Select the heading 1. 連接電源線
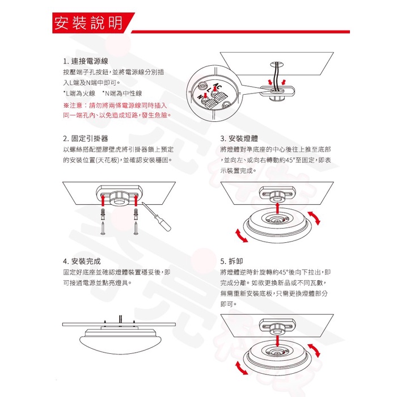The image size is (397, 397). [x=86, y=61]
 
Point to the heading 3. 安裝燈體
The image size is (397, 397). [x=242, y=138]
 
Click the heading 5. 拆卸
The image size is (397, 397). [x=233, y=261]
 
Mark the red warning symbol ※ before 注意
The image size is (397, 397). [x=66, y=105]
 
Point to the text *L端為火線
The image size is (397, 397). [x=79, y=93]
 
